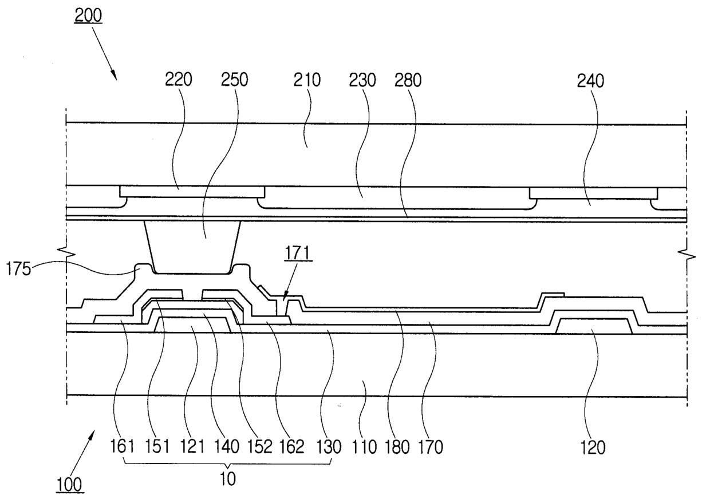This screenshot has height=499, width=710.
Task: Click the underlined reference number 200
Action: pos(88,15)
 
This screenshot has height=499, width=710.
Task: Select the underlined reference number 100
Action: pos(70,485)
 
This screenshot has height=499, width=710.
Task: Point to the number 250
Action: pos(234,80)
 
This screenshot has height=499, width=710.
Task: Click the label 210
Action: pos(307,80)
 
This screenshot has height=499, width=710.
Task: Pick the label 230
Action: pos(362,80)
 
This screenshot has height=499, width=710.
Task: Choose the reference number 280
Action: pos(408,81)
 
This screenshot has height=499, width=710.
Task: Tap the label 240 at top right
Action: pos(590,81)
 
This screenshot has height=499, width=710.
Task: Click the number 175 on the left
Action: pos(18,270)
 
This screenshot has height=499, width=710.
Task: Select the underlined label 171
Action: pos(298,254)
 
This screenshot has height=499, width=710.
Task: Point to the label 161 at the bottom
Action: pos(123,446)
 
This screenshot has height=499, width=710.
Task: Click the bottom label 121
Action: pos(192,447)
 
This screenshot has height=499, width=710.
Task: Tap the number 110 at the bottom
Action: pos(365,447)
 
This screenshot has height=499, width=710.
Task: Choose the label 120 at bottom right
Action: pos(593,448)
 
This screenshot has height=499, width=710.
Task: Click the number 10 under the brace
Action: pos(227,479)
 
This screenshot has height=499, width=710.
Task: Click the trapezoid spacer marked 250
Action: pos(192,247)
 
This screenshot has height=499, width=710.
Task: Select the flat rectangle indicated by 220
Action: pos(192,192)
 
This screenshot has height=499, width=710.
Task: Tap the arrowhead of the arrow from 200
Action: pos(115,77)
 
